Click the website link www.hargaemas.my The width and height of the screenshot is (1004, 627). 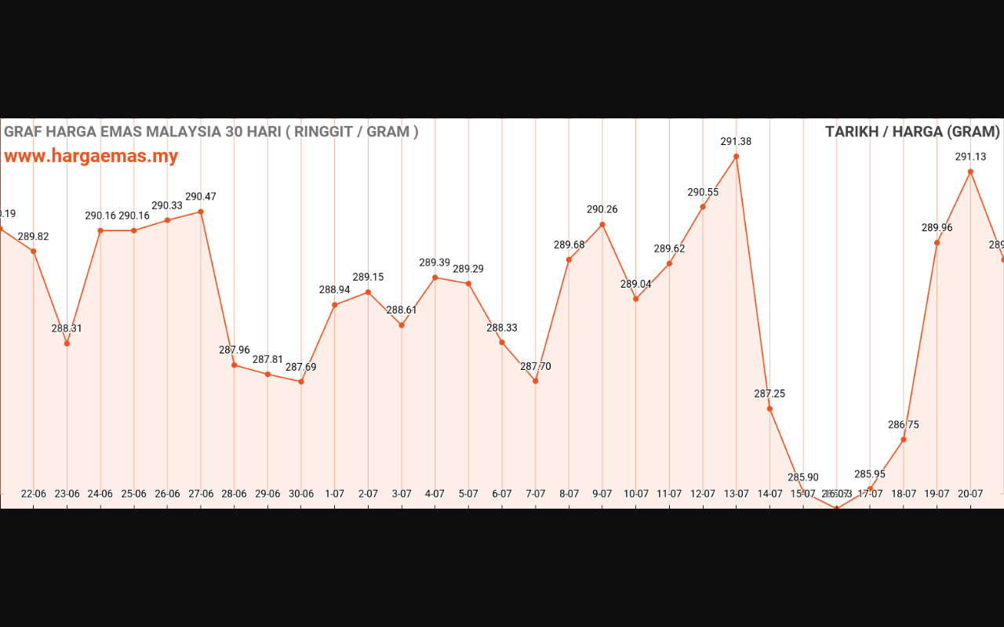(x=91, y=156)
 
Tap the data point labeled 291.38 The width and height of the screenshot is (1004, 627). (x=736, y=156)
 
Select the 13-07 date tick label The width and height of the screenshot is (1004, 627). (x=736, y=494)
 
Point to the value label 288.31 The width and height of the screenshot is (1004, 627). (x=67, y=328)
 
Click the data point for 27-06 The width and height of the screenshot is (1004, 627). (x=201, y=212)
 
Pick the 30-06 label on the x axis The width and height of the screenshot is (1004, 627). (x=301, y=494)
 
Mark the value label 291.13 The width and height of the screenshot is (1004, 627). (x=970, y=157)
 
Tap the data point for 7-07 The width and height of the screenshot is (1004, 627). (x=535, y=381)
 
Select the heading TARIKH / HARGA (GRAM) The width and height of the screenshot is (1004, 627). (x=912, y=132)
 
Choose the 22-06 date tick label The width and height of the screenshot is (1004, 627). (x=34, y=494)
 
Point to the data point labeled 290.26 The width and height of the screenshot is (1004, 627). (x=602, y=224)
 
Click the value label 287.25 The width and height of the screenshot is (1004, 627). (x=769, y=393)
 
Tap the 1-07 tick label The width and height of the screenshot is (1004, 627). (x=335, y=494)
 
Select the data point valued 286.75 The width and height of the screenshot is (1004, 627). (x=904, y=440)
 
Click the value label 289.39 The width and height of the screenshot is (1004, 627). (x=435, y=263)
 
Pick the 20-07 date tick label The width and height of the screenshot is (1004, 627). (x=970, y=494)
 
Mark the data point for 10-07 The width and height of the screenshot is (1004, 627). (x=635, y=299)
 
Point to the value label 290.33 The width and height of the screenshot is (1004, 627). (x=167, y=205)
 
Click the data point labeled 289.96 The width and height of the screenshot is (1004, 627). (x=937, y=242)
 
